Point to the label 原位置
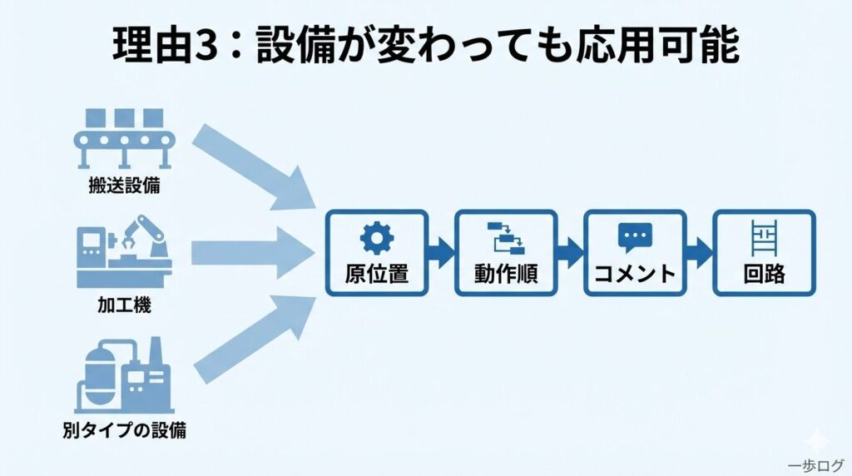[377, 274]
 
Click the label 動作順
[506, 274]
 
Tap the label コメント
[635, 274]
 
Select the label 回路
[764, 274]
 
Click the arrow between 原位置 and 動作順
[441, 252]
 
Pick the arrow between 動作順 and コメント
[570, 252]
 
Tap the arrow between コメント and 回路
[699, 252]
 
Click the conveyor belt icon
[125, 137]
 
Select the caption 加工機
[125, 305]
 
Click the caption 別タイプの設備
[125, 430]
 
